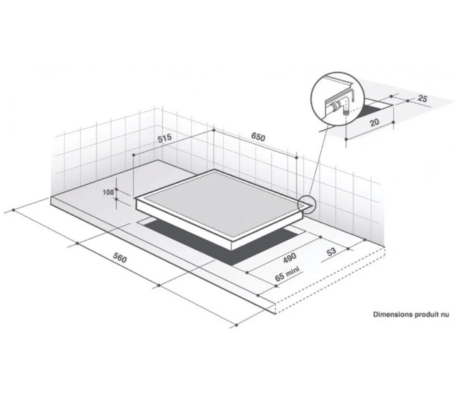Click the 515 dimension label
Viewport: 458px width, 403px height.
pyautogui.click(x=165, y=138)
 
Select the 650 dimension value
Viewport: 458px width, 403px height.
pyautogui.click(x=258, y=137)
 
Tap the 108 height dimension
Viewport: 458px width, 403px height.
pyautogui.click(x=108, y=193)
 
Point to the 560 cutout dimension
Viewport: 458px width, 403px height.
pyautogui.click(x=120, y=257)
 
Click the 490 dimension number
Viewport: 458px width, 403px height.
pyautogui.click(x=290, y=257)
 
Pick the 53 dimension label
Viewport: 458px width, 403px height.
pyautogui.click(x=331, y=251)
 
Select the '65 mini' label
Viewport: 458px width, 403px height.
pyautogui.click(x=288, y=274)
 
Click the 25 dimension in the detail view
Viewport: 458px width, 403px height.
pyautogui.click(x=423, y=99)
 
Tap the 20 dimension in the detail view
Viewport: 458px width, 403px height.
pyautogui.click(x=375, y=122)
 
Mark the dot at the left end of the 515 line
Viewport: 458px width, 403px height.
pyautogui.click(x=133, y=155)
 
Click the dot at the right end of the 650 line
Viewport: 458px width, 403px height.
pyautogui.click(x=297, y=158)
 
